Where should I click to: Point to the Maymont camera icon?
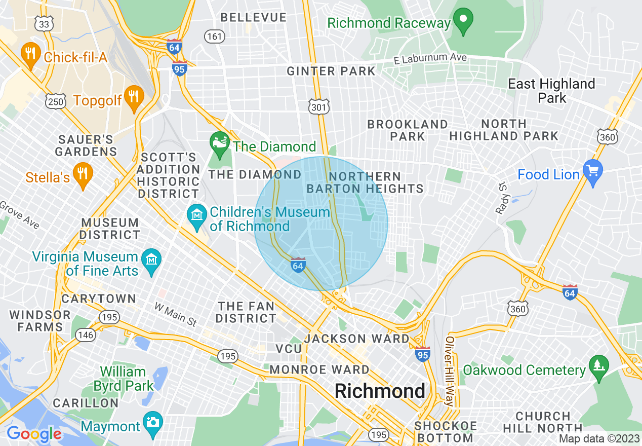click(x=152, y=422)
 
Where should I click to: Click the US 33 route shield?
click(x=44, y=24)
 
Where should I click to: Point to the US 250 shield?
click(x=55, y=102)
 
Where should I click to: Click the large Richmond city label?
click(x=380, y=391)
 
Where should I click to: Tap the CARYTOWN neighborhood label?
click(x=99, y=299)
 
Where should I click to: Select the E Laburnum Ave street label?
click(x=430, y=59)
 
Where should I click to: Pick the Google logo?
click(x=34, y=434)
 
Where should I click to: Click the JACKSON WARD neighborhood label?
click(x=357, y=338)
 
